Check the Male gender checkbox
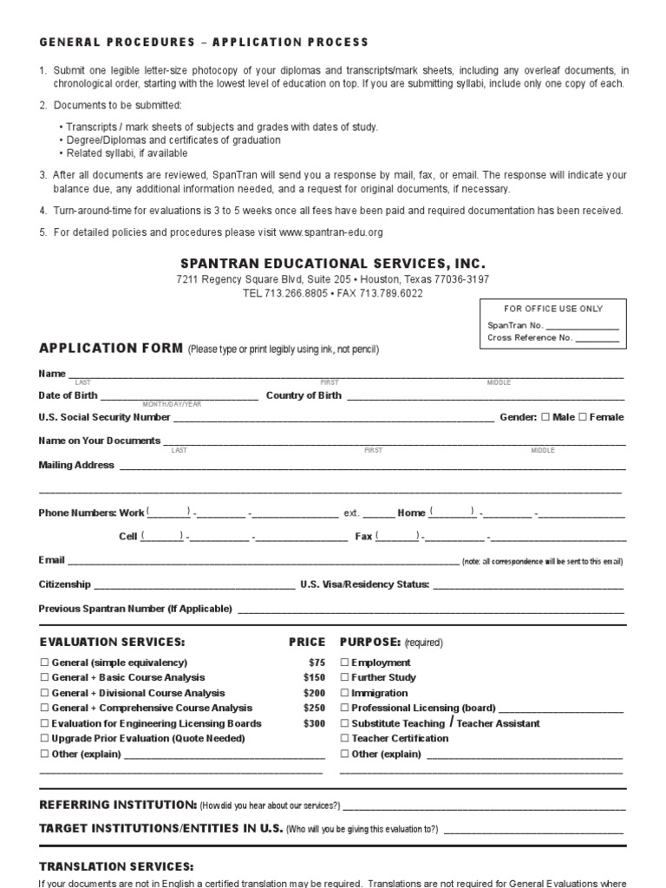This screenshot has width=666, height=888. point(545,417)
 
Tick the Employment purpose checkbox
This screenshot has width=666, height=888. point(345,663)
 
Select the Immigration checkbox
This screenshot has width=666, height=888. point(345,693)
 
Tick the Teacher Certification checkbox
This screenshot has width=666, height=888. point(345,739)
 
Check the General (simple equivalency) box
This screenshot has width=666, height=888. point(44,663)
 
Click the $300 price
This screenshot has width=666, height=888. point(314,723)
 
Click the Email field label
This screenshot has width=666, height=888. point(51,559)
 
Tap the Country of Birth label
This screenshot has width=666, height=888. point(304,395)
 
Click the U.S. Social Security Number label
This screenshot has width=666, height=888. point(104,417)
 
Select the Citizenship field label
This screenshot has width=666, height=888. point(63,584)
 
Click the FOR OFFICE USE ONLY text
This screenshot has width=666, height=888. point(553,309)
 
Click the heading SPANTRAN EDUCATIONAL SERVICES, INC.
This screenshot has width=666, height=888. point(333,263)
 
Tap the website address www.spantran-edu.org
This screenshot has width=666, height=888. point(330,232)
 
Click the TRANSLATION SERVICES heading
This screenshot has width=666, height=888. point(116,866)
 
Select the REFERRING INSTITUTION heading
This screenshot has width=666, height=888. point(119,805)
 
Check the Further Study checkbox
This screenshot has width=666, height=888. point(345,677)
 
